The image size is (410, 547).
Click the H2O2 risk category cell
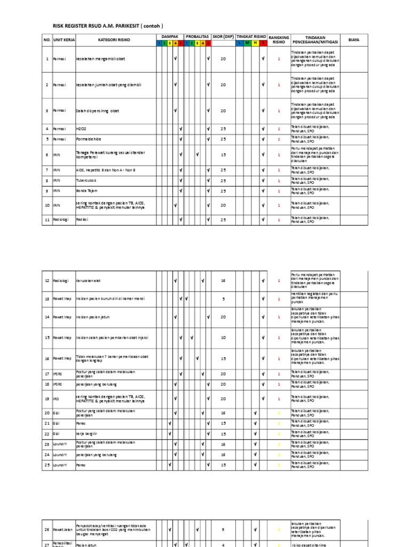click(x=82, y=129)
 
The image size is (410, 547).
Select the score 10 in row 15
click(x=223, y=338)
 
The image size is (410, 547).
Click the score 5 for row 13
click(x=223, y=299)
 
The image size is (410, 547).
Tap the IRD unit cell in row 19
click(x=56, y=398)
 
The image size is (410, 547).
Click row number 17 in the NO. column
click(x=46, y=374)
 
